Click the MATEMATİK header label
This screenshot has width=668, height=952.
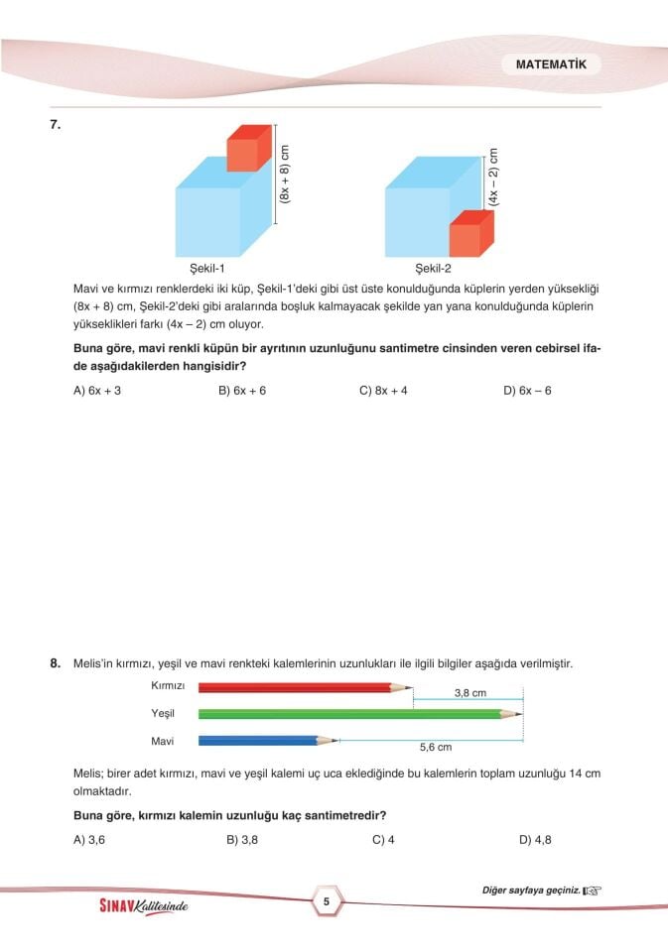[x=558, y=64]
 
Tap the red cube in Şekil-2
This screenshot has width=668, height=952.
[x=466, y=235]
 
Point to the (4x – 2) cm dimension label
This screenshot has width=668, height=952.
[x=493, y=178]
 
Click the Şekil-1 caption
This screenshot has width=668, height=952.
[x=207, y=268]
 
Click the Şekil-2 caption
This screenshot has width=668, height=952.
[x=433, y=268]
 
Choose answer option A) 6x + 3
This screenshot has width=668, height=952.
[x=97, y=391]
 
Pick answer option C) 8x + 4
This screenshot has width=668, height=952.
[x=383, y=391]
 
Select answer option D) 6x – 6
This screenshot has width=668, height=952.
[x=527, y=391]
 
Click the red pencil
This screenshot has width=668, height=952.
[x=303, y=686]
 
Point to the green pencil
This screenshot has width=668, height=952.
[x=357, y=713]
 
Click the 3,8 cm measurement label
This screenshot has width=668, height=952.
[x=469, y=693]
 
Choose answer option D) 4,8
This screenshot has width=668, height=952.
[x=535, y=840]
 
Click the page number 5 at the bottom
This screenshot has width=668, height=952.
[x=326, y=901]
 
